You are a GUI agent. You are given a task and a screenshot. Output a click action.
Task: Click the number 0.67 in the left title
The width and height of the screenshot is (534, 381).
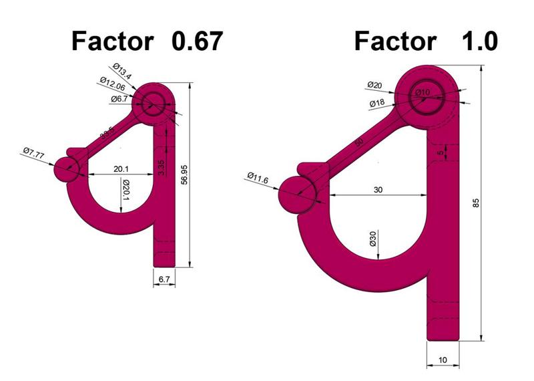196,41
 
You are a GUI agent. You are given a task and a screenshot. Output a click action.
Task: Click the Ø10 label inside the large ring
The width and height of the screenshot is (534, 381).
423,92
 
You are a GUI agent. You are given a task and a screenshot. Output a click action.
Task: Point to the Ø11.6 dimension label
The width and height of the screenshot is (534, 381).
258,178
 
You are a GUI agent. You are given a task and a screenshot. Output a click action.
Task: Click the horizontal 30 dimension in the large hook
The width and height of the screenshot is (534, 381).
378,190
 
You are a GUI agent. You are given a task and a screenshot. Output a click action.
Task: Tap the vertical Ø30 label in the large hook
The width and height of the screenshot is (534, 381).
373,239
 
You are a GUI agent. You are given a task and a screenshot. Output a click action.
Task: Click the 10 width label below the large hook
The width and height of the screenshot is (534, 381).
443,360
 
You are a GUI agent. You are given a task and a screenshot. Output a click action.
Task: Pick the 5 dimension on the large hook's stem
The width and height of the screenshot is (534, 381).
440,153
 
